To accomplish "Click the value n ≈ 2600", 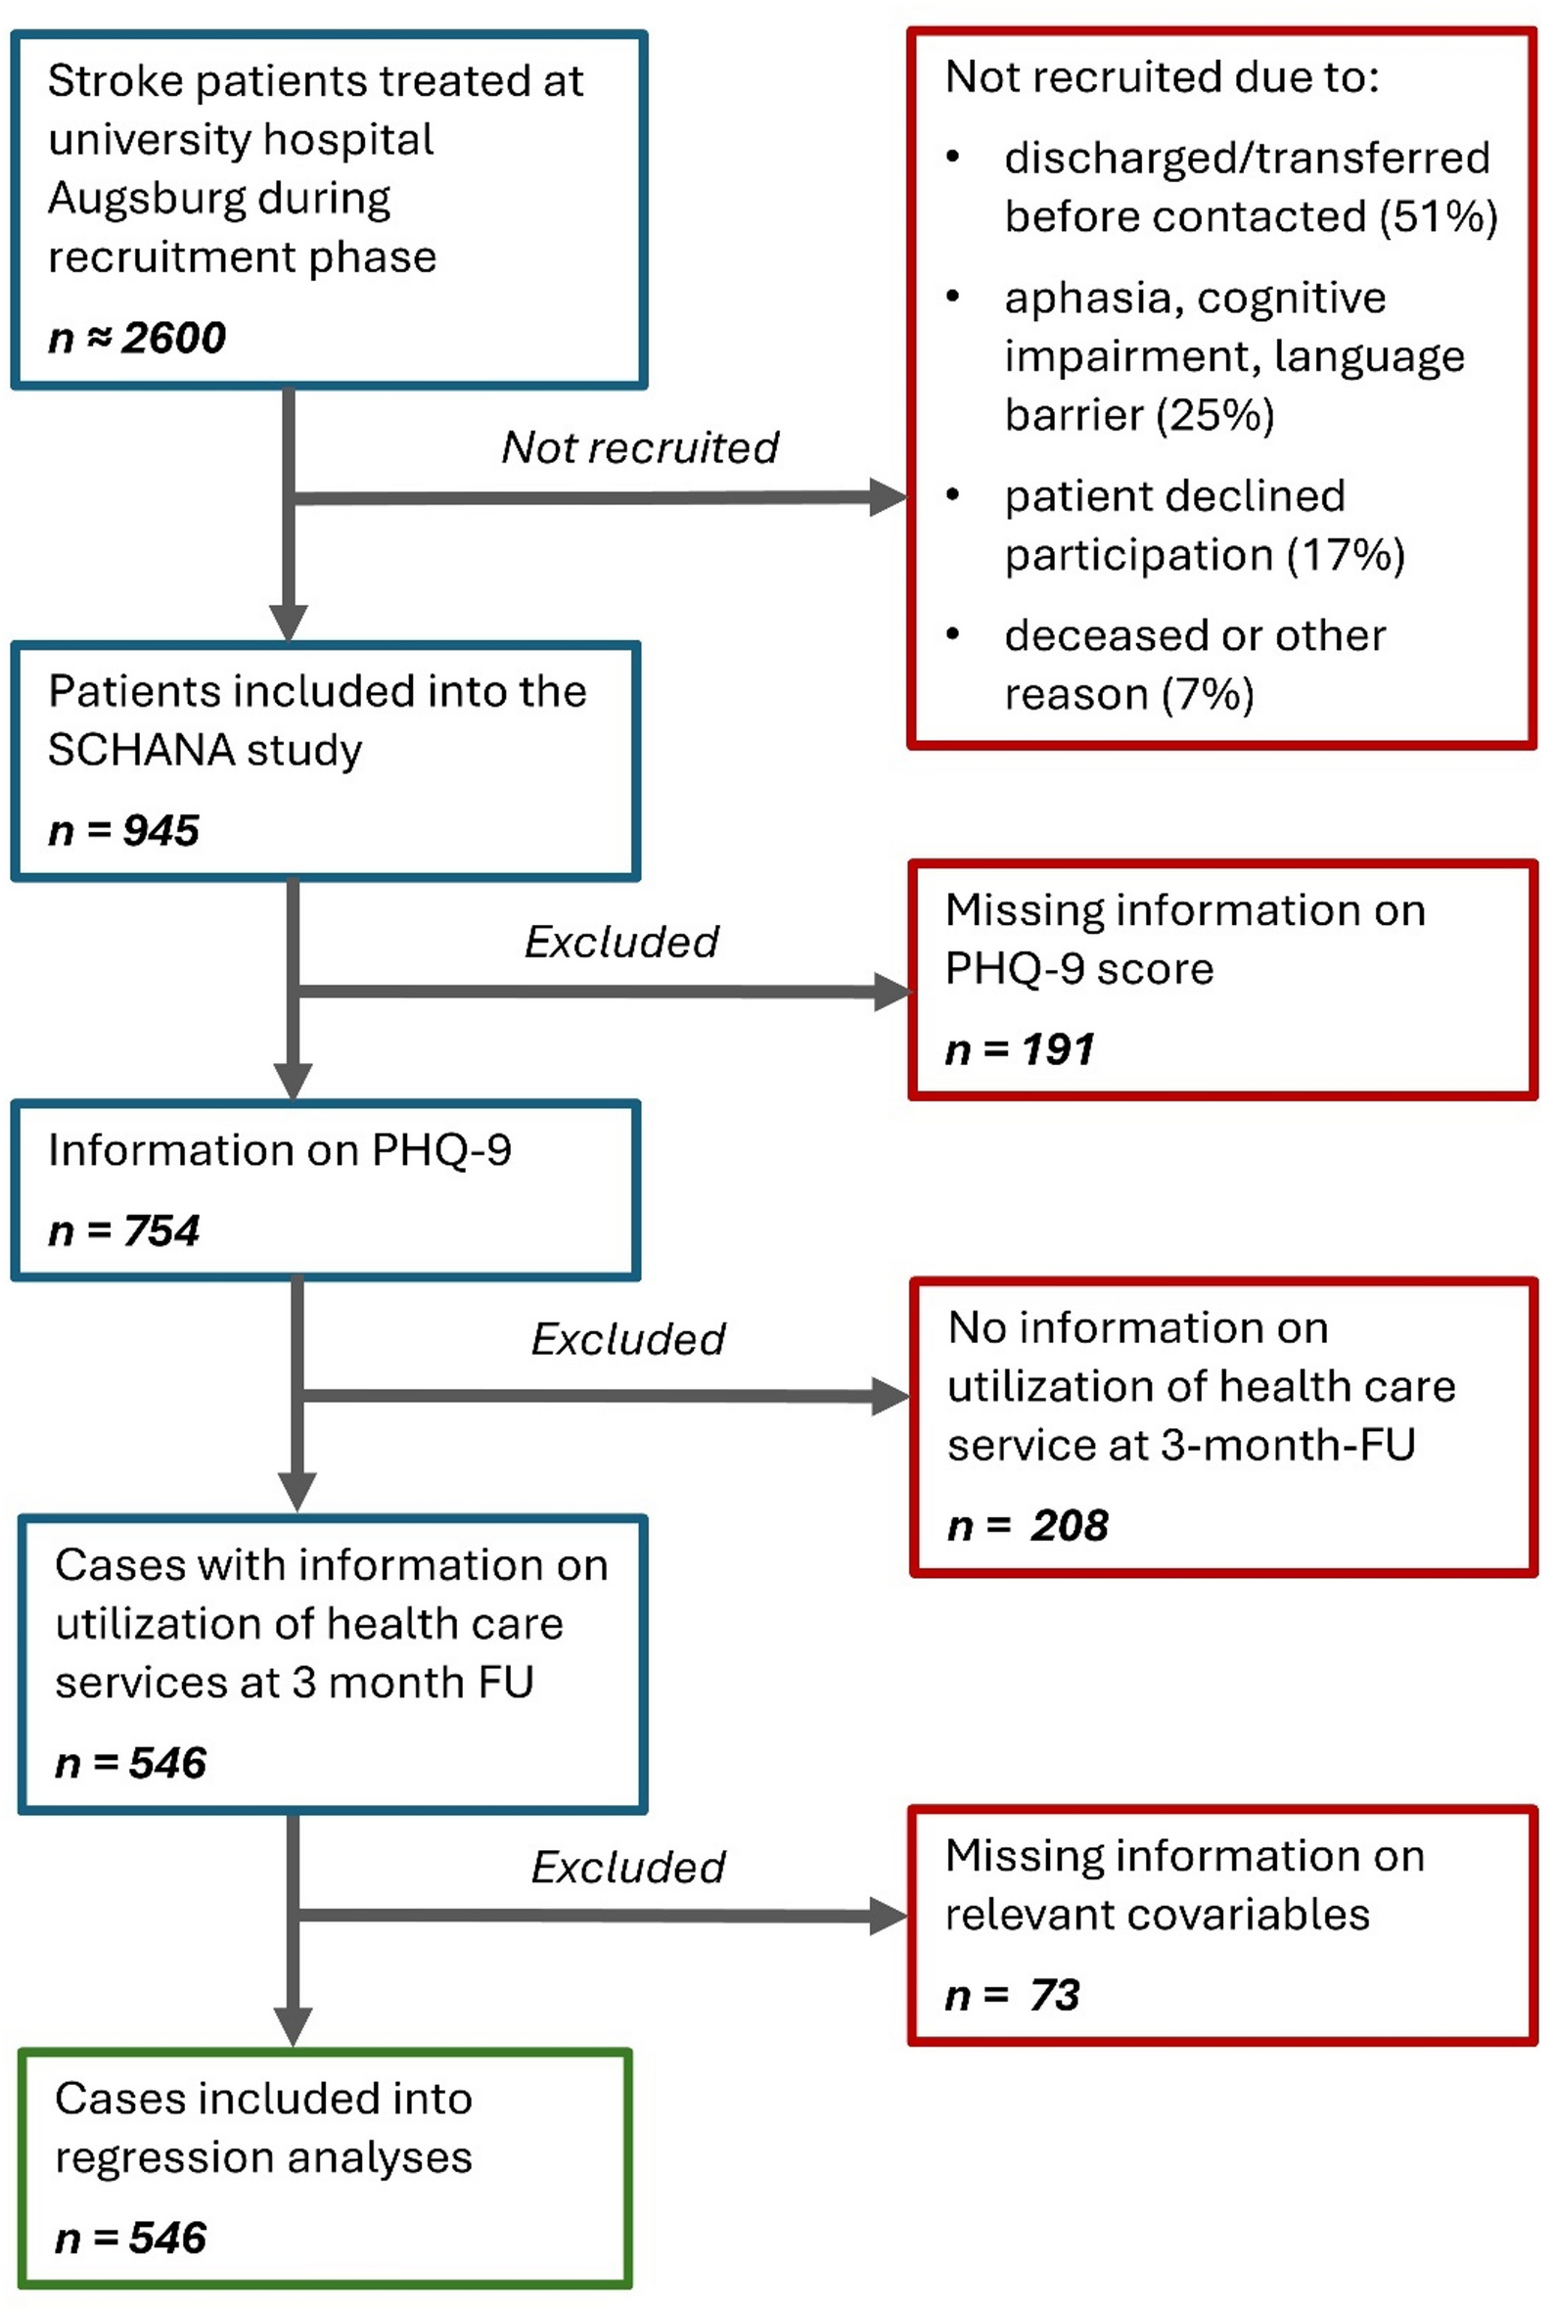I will click(x=137, y=339).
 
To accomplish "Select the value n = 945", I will click(x=124, y=830).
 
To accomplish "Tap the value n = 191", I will click(x=1020, y=1049).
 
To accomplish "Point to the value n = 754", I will click(x=124, y=1230).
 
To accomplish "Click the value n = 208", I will click(x=1028, y=1525).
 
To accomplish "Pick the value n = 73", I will click(x=1013, y=1995).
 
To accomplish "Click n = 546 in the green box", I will click(x=131, y=2239).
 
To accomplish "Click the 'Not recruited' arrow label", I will click(x=640, y=447).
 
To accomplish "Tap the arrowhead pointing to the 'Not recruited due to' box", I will click(x=888, y=497).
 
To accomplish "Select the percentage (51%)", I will click(x=1439, y=216).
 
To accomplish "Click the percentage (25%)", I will click(x=1214, y=415).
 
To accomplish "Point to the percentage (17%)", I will click(x=1346, y=554).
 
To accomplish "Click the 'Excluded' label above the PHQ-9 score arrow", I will click(x=621, y=943).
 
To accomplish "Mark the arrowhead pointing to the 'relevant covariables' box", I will click(x=889, y=1917).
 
